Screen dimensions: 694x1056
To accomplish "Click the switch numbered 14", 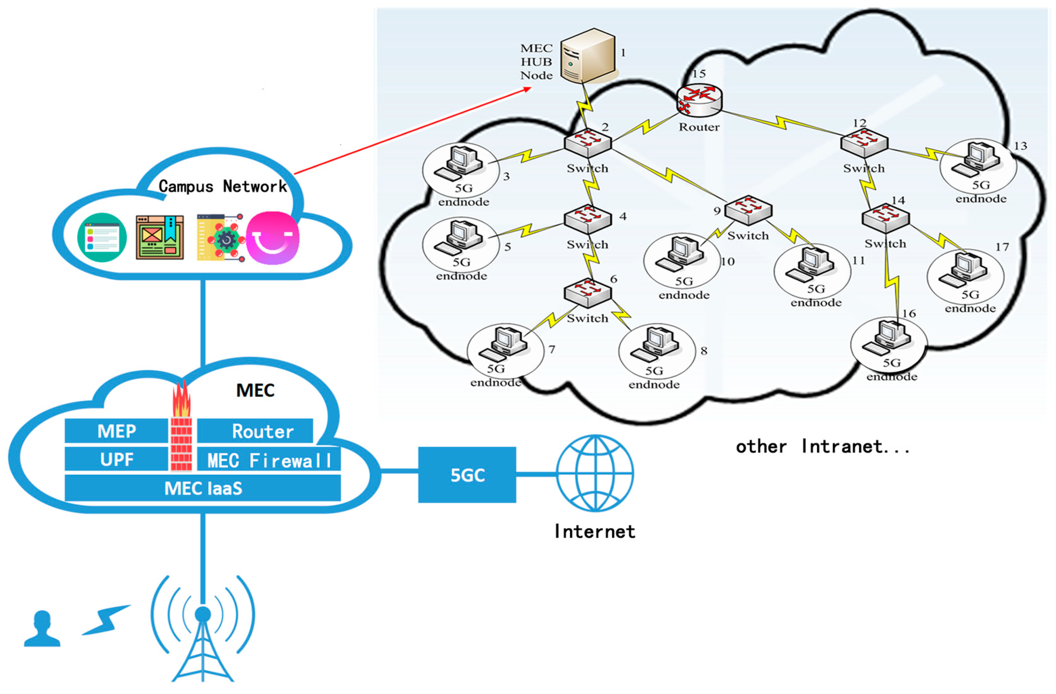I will point(885,218).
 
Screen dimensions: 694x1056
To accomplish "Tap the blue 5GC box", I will point(467,475).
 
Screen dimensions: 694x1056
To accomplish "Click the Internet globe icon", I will point(595,473).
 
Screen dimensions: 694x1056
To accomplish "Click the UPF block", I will point(116,459).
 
